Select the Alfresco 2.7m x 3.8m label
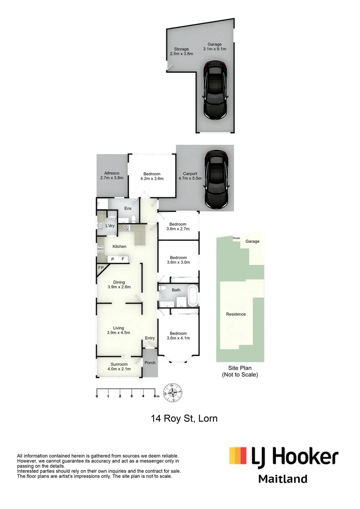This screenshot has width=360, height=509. [111, 176]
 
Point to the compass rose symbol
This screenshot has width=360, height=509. [173, 392]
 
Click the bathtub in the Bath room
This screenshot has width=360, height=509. [192, 296]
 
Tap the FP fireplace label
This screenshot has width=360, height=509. [101, 268]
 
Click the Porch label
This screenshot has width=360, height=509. [150, 362]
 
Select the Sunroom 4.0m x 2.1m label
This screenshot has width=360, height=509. [119, 367]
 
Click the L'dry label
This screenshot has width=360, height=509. [110, 226]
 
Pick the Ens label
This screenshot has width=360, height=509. [128, 208]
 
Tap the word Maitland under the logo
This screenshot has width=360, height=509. [283, 479]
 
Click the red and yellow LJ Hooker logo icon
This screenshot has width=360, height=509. [237, 456]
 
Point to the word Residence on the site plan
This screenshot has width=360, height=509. [236, 314]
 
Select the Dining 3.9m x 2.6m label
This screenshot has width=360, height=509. [119, 285]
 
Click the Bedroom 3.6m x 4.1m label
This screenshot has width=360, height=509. [178, 336]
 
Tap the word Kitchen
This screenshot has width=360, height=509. [119, 246]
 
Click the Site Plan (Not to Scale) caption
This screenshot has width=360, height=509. [240, 372]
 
